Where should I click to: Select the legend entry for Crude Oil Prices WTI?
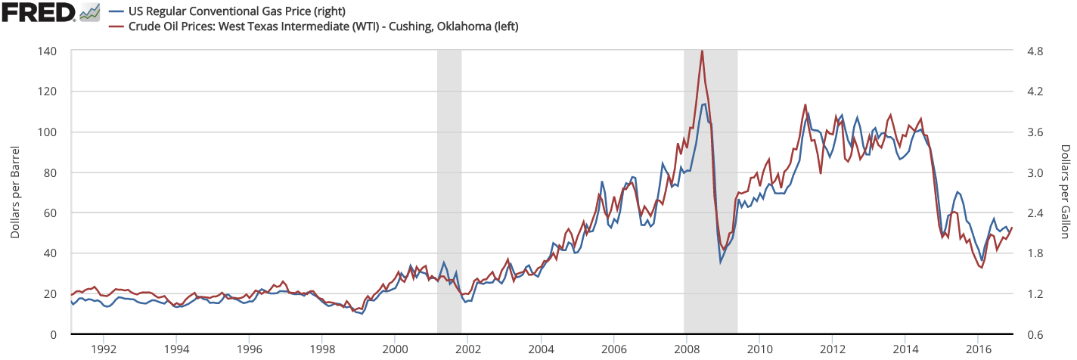pyautogui.click(x=318, y=27)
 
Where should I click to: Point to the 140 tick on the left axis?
pyautogui.click(x=53, y=51)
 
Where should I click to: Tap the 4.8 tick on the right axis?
pyautogui.click(x=1032, y=51)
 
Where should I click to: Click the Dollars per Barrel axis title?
pyautogui.click(x=15, y=192)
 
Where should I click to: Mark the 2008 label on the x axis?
pyautogui.click(x=687, y=349)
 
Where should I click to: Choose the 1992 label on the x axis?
pyautogui.click(x=104, y=349)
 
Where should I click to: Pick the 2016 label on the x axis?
pyautogui.click(x=979, y=349)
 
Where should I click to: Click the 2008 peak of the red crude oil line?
pyautogui.click(x=702, y=51)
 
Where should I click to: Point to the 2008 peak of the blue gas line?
pyautogui.click(x=704, y=104)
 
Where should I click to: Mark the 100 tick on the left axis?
pyautogui.click(x=53, y=132)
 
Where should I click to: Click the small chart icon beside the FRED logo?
pyautogui.click(x=89, y=12)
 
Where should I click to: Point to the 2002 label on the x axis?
pyautogui.click(x=468, y=349)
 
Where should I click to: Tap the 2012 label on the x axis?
pyautogui.click(x=833, y=349)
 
